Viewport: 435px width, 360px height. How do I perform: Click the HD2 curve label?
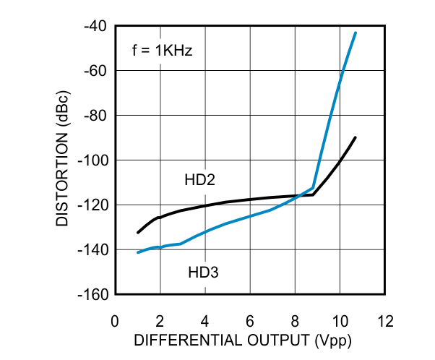(201, 180)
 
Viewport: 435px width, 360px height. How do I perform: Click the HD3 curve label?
(203, 273)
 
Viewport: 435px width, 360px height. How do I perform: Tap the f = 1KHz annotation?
(162, 51)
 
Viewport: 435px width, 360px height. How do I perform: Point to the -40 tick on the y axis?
(97, 26)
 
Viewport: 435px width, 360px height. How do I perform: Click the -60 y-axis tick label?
(97, 71)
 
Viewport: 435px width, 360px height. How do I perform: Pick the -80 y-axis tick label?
(97, 116)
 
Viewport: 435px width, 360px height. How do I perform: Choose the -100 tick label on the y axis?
(94, 160)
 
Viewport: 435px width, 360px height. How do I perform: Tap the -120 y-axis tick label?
(94, 205)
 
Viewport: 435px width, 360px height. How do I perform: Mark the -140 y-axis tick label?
(94, 250)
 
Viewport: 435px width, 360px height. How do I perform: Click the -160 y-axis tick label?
(94, 295)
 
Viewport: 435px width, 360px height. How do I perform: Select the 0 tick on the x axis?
(115, 320)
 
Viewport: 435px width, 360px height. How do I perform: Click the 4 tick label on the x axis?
(205, 320)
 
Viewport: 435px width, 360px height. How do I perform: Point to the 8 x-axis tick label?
(295, 320)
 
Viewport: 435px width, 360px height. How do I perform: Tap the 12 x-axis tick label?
(384, 320)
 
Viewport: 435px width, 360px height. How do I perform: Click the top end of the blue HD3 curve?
(356, 33)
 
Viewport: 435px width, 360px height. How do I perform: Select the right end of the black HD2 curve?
(356, 137)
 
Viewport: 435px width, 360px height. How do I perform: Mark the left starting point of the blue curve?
(138, 252)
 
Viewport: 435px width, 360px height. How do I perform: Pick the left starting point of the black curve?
(138, 232)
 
